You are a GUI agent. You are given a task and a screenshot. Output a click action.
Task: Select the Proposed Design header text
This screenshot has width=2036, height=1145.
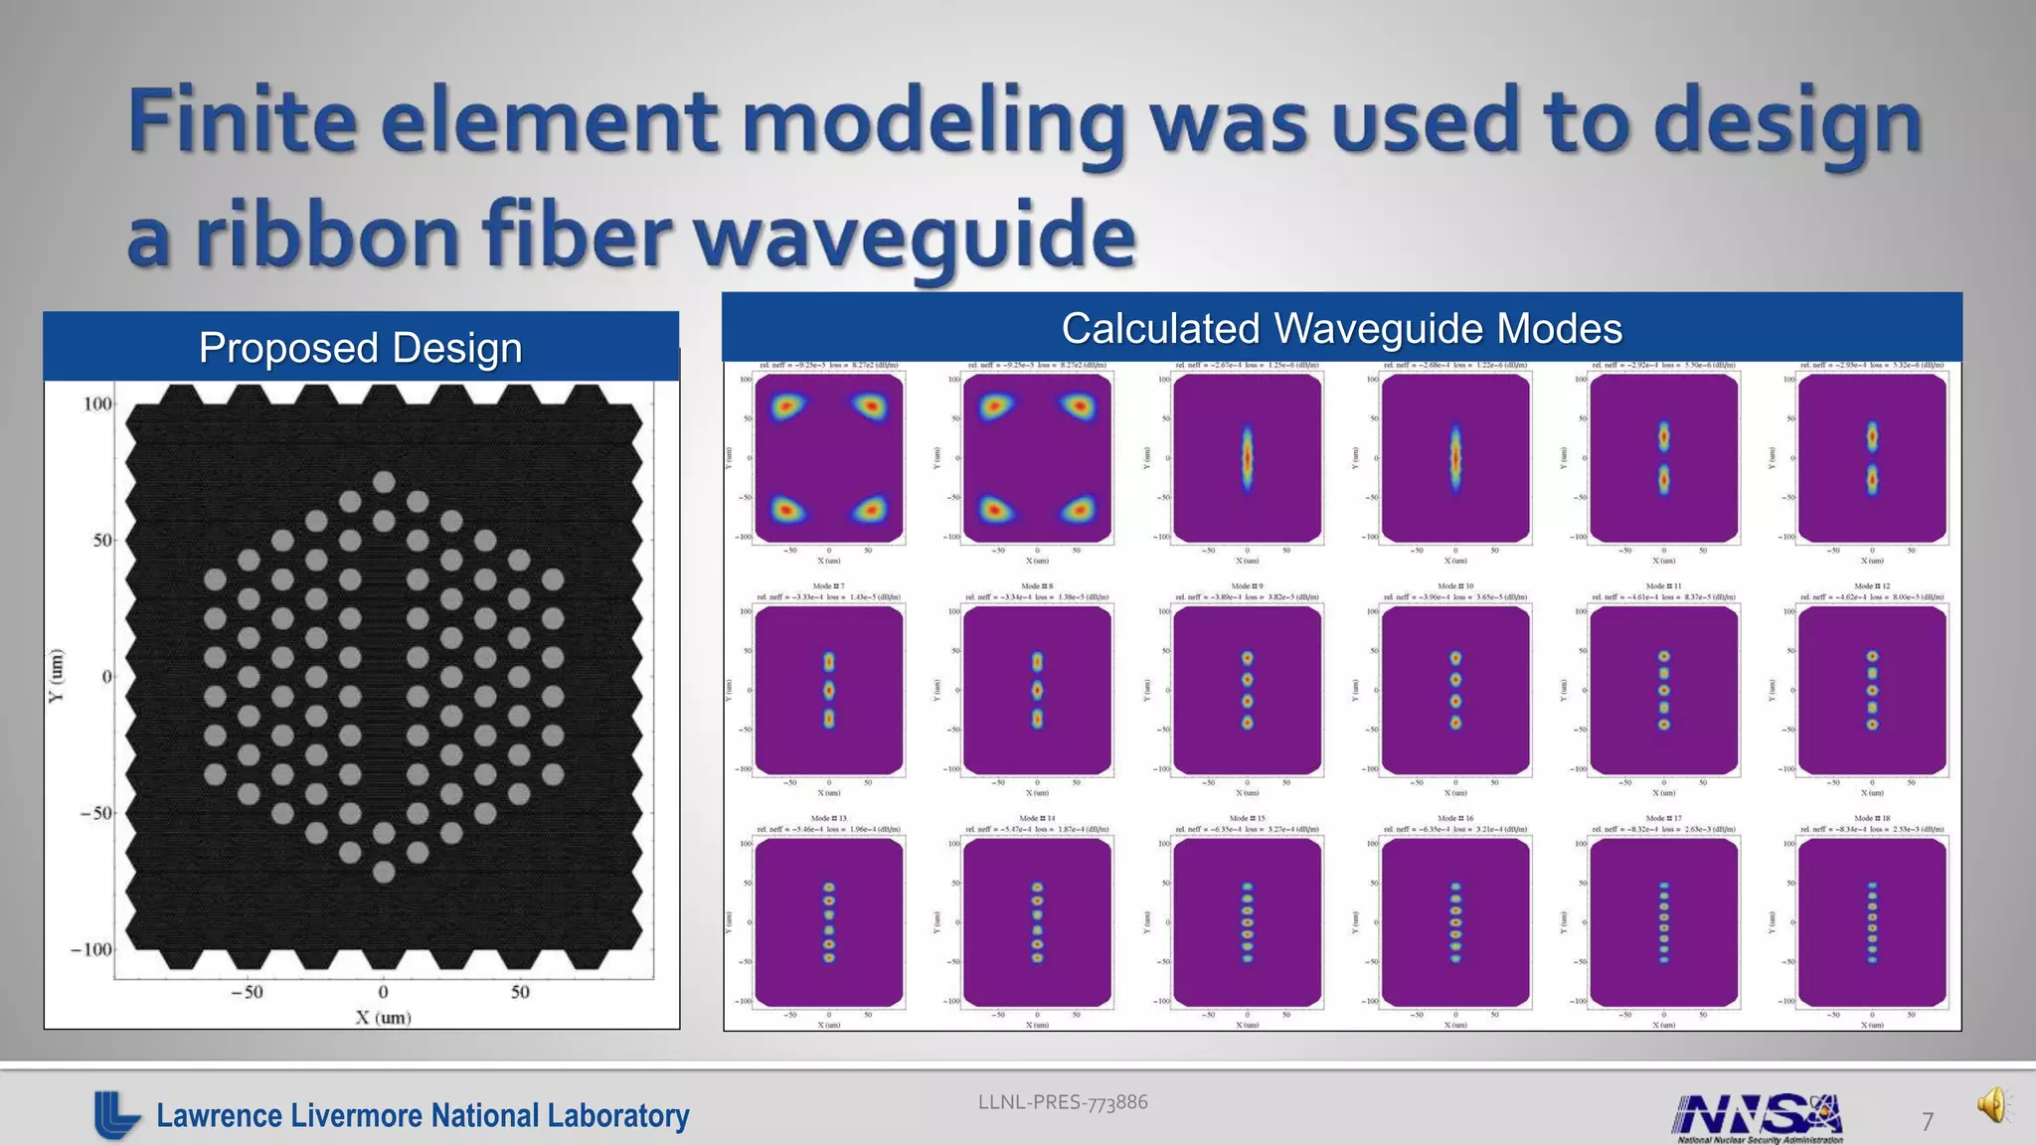point(360,348)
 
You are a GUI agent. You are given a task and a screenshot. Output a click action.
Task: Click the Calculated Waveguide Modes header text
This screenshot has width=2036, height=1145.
point(1341,328)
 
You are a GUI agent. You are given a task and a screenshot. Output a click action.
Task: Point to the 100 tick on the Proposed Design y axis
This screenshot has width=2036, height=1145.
point(97,405)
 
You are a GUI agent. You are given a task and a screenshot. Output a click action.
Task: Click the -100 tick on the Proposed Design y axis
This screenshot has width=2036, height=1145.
point(90,949)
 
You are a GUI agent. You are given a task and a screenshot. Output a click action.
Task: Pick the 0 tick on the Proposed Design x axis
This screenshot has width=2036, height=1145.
point(383,992)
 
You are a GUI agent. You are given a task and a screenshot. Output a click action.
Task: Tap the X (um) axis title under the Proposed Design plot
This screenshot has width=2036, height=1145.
point(383,1017)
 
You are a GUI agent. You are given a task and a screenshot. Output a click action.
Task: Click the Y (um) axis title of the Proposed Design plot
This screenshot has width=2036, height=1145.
point(58,676)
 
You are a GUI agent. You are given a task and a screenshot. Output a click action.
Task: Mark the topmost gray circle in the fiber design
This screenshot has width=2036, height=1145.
point(384,482)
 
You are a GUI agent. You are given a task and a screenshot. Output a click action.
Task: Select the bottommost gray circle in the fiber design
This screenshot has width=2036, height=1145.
point(384,872)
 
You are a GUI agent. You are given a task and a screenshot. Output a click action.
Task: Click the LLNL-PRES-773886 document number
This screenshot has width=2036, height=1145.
point(1063,1102)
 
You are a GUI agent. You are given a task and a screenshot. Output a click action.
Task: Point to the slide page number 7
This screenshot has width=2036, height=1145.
point(1927,1122)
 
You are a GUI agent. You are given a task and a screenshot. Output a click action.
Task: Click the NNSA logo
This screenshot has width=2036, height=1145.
point(1758,1117)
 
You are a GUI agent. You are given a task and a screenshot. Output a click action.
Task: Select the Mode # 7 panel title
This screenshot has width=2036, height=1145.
point(829,586)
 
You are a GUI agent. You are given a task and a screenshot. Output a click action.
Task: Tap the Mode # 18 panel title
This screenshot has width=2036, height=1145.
point(1872,818)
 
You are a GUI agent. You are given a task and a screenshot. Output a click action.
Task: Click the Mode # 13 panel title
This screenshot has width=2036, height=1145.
point(829,818)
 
